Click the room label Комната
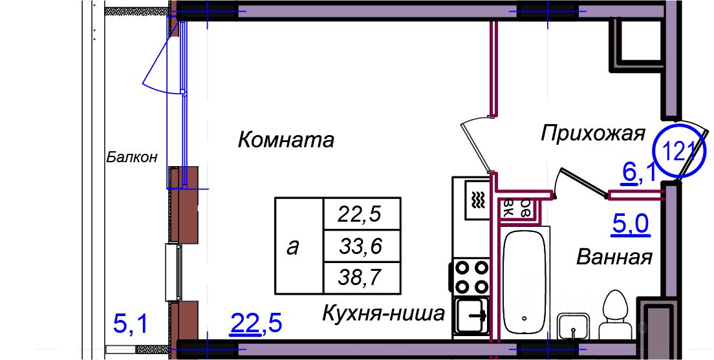pyautogui.click(x=286, y=139)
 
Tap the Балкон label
pyautogui.click(x=132, y=157)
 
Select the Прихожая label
pyautogui.click(x=593, y=133)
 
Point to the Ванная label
pyautogui.click(x=614, y=257)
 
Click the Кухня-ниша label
pyautogui.click(x=384, y=314)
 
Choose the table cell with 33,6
pyautogui.click(x=360, y=246)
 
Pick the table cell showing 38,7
pyautogui.click(x=360, y=278)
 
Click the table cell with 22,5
pyautogui.click(x=360, y=213)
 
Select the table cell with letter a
pyautogui.click(x=293, y=246)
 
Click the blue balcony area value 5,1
pyautogui.click(x=131, y=323)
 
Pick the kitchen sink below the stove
pyautogui.click(x=471, y=316)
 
